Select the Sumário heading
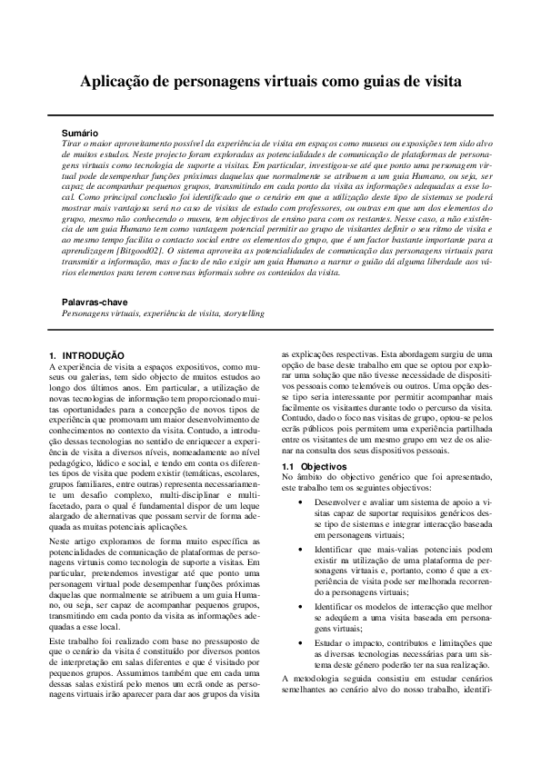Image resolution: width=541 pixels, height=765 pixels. coord(78,134)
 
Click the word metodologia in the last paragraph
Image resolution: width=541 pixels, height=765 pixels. coord(317,679)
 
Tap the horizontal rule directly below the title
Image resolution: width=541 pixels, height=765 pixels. coord(270,114)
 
